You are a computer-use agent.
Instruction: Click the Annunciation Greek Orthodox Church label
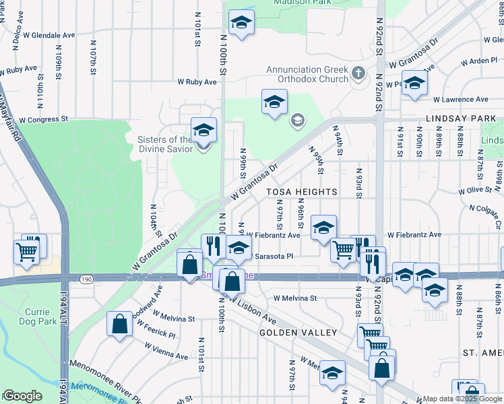click(x=307, y=74)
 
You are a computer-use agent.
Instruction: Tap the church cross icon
click(x=358, y=72)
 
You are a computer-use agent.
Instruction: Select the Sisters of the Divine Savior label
click(x=165, y=143)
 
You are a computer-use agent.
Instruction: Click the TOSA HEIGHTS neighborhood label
click(x=301, y=192)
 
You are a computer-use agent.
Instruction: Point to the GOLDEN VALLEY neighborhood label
click(x=298, y=333)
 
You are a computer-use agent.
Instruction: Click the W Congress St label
click(x=44, y=119)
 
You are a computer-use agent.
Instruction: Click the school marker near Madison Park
click(x=241, y=24)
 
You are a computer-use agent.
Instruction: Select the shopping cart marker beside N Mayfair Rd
click(x=26, y=252)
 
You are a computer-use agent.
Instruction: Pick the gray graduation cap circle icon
click(x=296, y=121)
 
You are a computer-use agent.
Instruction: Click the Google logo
click(x=22, y=396)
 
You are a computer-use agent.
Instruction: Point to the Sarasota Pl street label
click(x=274, y=256)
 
